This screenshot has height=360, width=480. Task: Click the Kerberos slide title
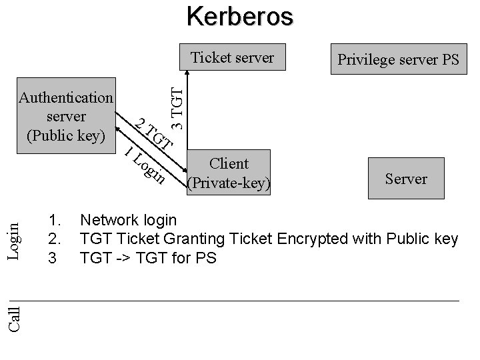point(239,16)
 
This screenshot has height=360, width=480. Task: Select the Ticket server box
point(233,59)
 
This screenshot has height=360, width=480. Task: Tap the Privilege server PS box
point(399,60)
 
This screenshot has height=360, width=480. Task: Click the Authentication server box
point(66,117)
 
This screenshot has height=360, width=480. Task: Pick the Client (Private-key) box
point(229,173)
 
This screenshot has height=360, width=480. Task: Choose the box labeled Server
point(406,179)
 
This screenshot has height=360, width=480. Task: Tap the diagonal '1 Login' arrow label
point(145,165)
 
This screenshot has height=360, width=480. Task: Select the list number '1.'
point(55,220)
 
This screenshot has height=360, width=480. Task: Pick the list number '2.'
point(55,239)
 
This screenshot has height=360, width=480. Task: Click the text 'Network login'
point(128,220)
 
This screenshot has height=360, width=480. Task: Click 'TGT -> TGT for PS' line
point(148,258)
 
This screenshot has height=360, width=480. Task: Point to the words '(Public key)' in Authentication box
point(66,136)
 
